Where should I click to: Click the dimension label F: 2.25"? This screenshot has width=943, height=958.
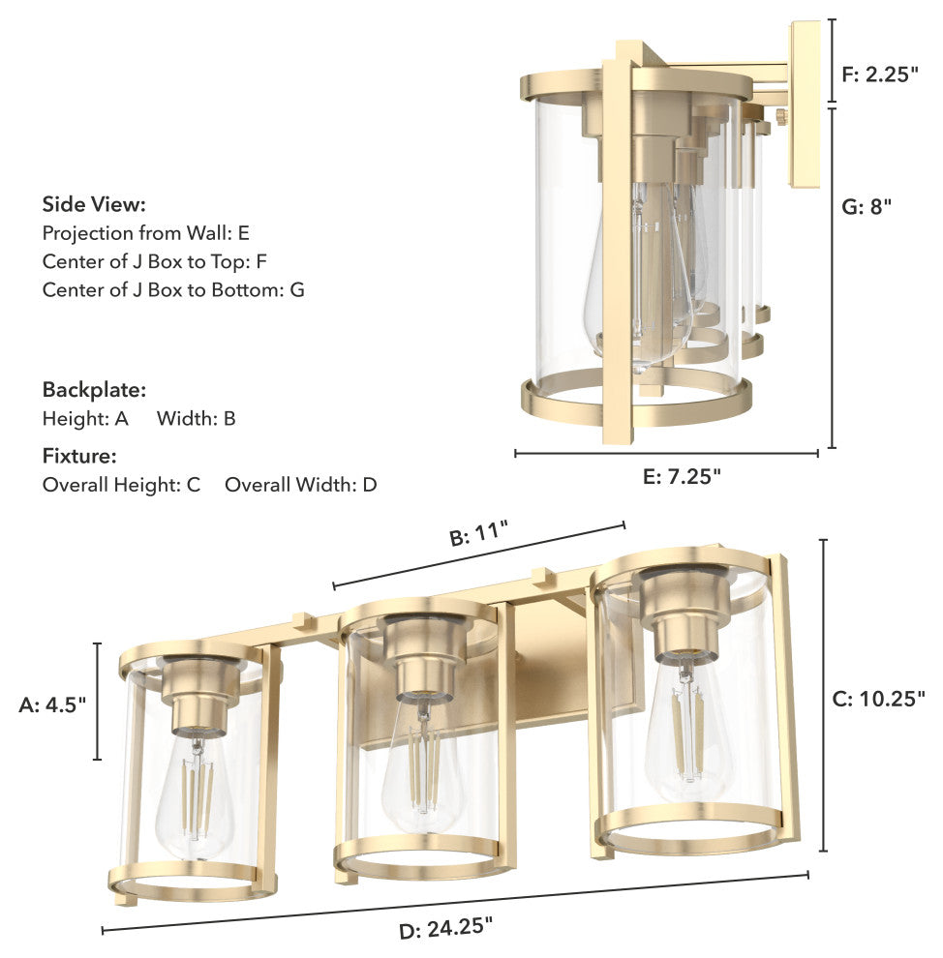tap(880, 74)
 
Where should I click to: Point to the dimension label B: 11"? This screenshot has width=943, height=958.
tap(478, 535)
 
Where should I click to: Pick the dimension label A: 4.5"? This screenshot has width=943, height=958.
tap(52, 704)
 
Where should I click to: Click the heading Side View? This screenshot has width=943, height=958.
tap(94, 204)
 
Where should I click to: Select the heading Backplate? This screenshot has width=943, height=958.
tap(94, 390)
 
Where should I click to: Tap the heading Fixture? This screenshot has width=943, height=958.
tap(79, 455)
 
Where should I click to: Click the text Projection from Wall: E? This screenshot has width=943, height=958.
tap(146, 233)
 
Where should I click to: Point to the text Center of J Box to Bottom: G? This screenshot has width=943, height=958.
tap(173, 288)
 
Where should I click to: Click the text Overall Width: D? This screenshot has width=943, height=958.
tap(300, 485)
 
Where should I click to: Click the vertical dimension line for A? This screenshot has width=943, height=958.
tap(98, 701)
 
